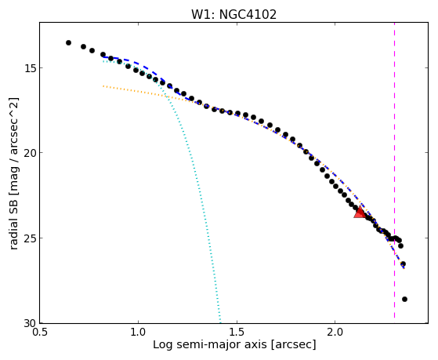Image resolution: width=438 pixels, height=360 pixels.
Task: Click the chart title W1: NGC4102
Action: tap(233, 15)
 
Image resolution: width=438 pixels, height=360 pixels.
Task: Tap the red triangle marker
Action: tap(360, 212)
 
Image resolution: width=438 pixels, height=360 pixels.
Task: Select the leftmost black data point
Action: tap(68, 43)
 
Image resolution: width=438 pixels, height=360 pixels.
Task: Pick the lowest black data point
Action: tap(404, 300)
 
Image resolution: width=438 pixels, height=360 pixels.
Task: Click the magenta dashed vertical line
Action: tap(394, 170)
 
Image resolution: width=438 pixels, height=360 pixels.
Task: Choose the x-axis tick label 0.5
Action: tap(40, 333)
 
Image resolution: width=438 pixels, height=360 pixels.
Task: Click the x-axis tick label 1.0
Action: tap(138, 333)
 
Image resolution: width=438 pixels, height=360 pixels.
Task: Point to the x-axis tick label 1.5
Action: tap(237, 333)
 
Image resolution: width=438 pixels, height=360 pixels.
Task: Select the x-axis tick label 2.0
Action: tap(335, 333)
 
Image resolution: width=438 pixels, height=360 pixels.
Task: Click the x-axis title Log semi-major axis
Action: tap(210, 345)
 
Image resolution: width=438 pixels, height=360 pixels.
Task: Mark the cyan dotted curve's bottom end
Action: tap(220, 322)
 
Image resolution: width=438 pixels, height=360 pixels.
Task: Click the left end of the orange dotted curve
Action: tap(103, 86)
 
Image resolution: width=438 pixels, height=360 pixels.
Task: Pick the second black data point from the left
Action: tap(83, 46)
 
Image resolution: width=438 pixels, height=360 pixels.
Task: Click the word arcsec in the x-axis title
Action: tap(294, 345)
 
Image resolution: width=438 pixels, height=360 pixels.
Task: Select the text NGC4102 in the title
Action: tap(248, 15)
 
